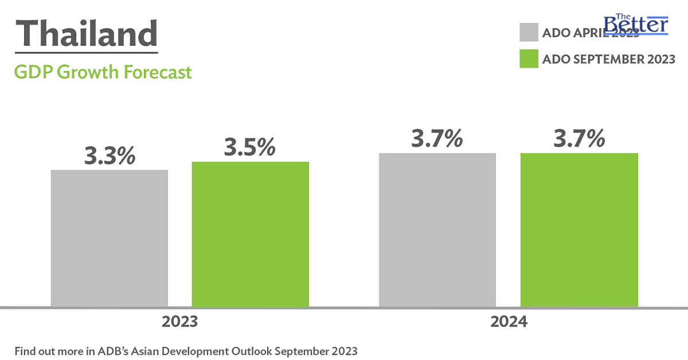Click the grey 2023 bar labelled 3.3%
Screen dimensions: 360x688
point(110,238)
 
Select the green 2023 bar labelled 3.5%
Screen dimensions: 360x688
point(251,234)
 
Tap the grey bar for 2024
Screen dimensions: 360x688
point(437,229)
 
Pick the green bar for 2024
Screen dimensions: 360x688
point(579,229)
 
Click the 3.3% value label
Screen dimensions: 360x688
point(110,156)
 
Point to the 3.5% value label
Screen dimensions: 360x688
point(250,148)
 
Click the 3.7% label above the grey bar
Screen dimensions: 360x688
point(437,139)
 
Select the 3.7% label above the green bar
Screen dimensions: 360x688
point(579,139)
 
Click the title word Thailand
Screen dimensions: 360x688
point(86,34)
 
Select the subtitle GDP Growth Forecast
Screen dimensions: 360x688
point(103,73)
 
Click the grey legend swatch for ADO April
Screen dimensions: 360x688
point(529,32)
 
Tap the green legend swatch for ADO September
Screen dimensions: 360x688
point(529,58)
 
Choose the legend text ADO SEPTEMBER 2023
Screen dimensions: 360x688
point(609,59)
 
